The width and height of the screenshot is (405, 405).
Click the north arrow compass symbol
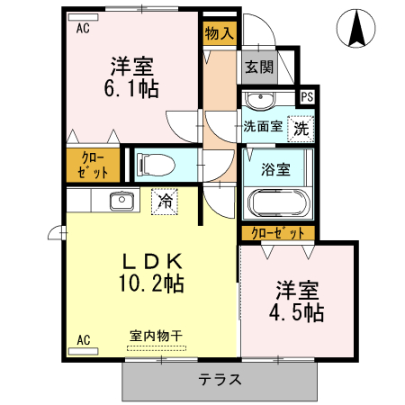point(356,28)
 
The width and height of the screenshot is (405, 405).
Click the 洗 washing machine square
point(301,128)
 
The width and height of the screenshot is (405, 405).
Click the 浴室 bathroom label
point(274,169)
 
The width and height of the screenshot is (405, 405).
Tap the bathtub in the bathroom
point(276,203)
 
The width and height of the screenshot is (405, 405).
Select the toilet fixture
point(154,165)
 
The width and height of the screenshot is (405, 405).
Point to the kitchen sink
point(121,201)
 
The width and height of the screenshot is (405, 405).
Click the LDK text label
point(152,262)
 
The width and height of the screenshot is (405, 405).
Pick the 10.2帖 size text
point(153,284)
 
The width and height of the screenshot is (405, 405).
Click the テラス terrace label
point(220,379)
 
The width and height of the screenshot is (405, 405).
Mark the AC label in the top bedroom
point(83,28)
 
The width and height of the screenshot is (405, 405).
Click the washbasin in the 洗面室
point(263,98)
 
